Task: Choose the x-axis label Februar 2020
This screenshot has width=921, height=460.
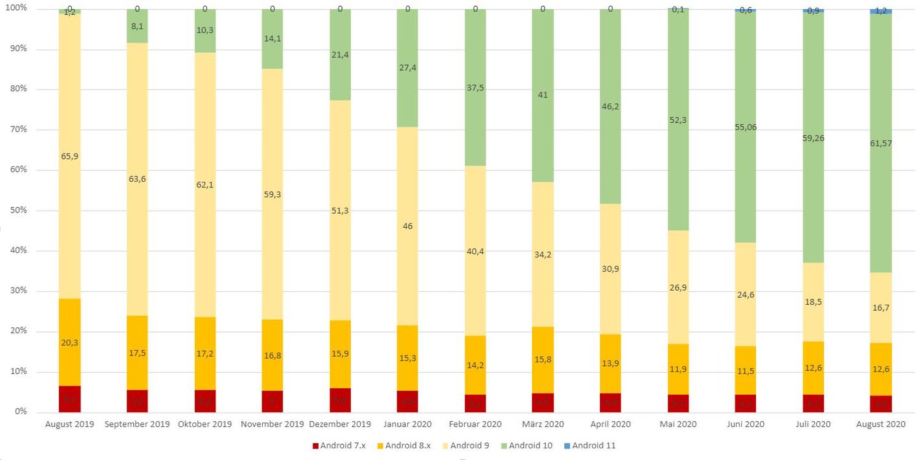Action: click(x=475, y=424)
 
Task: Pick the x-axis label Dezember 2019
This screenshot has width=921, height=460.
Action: click(x=341, y=424)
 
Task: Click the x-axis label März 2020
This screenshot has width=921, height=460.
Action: click(x=543, y=424)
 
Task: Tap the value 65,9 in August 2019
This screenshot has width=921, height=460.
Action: click(x=70, y=156)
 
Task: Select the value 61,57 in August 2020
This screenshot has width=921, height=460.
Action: click(x=880, y=143)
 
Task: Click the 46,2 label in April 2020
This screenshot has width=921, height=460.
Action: click(x=610, y=106)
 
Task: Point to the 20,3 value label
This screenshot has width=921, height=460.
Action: click(x=70, y=342)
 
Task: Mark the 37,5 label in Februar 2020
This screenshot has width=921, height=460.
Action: click(x=475, y=87)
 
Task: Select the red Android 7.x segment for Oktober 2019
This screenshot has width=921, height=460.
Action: click(x=205, y=401)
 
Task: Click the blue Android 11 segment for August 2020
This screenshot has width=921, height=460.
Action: click(x=880, y=11)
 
